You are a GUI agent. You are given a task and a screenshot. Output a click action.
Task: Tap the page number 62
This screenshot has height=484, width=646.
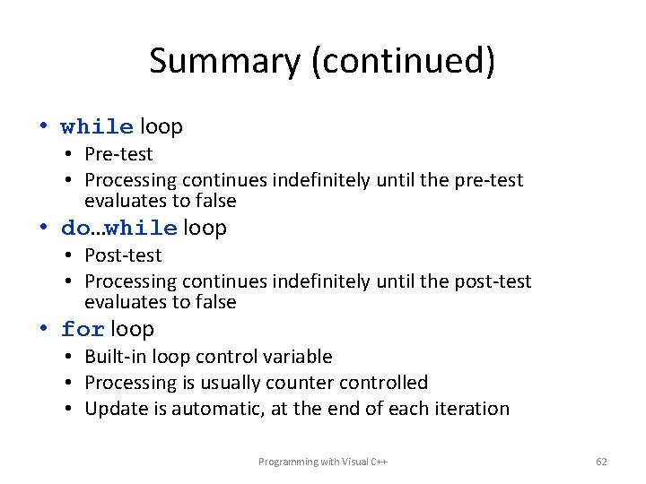601,462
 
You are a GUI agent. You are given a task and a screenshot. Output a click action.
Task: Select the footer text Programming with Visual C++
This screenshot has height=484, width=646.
322,462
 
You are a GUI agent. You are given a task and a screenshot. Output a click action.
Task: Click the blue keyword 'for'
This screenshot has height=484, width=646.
83,330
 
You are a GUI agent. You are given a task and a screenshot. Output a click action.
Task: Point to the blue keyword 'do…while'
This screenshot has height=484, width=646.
118,229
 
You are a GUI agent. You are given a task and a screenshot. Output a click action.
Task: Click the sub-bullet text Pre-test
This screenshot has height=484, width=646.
118,154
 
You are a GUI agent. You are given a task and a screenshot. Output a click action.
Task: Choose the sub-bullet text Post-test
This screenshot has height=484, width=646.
123,255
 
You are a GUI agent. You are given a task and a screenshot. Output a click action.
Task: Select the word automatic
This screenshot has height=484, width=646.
214,409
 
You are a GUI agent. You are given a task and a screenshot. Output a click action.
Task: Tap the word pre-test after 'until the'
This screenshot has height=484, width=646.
488,180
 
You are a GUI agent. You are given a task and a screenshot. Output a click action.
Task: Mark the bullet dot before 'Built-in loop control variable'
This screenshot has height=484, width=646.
68,357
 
